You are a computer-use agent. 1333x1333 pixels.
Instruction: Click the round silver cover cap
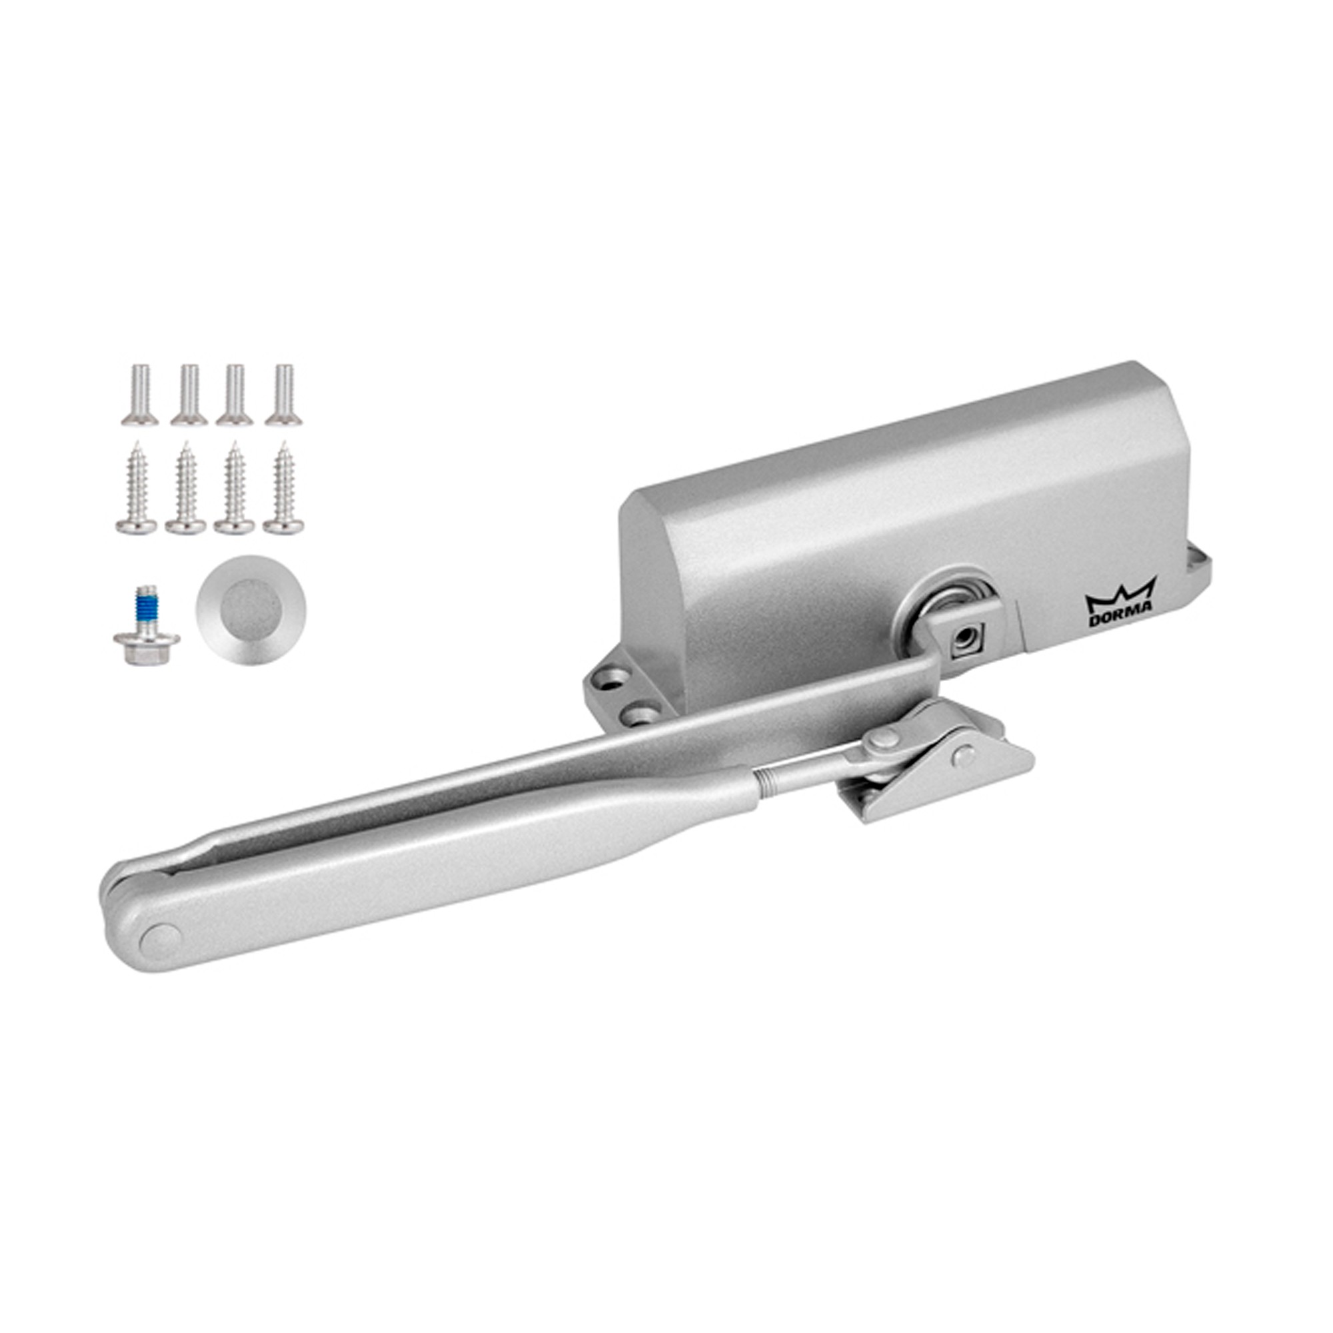251,610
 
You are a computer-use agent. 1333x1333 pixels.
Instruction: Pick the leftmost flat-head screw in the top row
140,395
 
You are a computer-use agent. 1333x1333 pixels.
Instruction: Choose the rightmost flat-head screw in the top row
283,395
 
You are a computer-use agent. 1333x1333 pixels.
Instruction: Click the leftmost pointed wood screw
137,488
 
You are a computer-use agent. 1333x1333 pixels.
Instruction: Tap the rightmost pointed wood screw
283,488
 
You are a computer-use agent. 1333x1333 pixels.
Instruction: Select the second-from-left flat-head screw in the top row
189,395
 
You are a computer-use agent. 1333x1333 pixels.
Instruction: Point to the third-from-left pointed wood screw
235,488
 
